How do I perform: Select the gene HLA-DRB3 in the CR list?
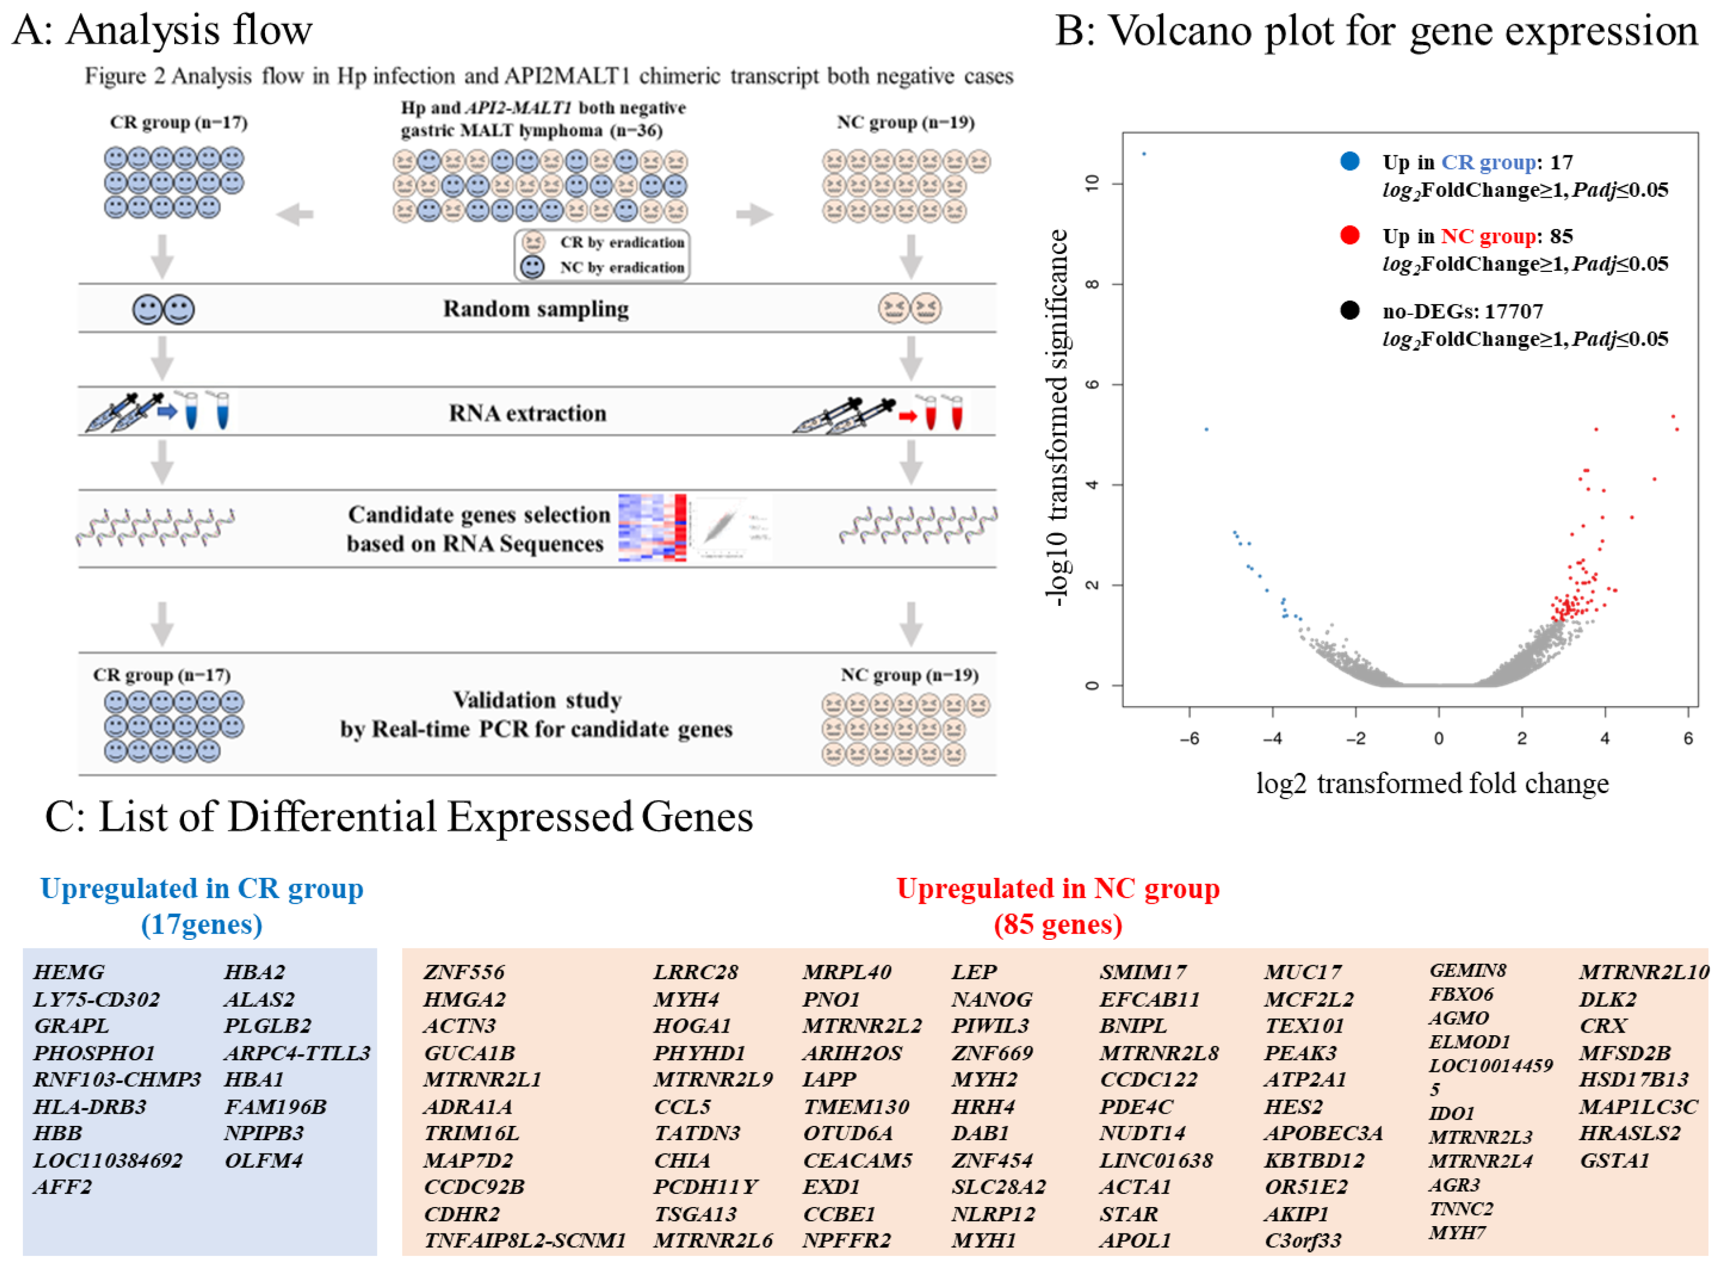point(90,1106)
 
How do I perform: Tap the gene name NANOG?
point(992,999)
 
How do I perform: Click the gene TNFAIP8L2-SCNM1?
point(524,1240)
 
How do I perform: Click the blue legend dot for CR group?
point(1350,162)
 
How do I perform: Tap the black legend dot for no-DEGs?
point(1350,311)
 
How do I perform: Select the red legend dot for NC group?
point(1350,236)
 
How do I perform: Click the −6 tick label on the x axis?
point(1189,738)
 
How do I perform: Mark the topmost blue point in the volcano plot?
point(1144,154)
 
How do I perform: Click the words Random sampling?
point(535,309)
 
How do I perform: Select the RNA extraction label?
point(528,413)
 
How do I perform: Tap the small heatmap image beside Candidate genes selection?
point(651,528)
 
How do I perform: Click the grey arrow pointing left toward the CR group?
point(295,214)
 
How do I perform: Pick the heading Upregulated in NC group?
point(1058,888)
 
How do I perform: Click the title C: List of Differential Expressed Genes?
point(399,816)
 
